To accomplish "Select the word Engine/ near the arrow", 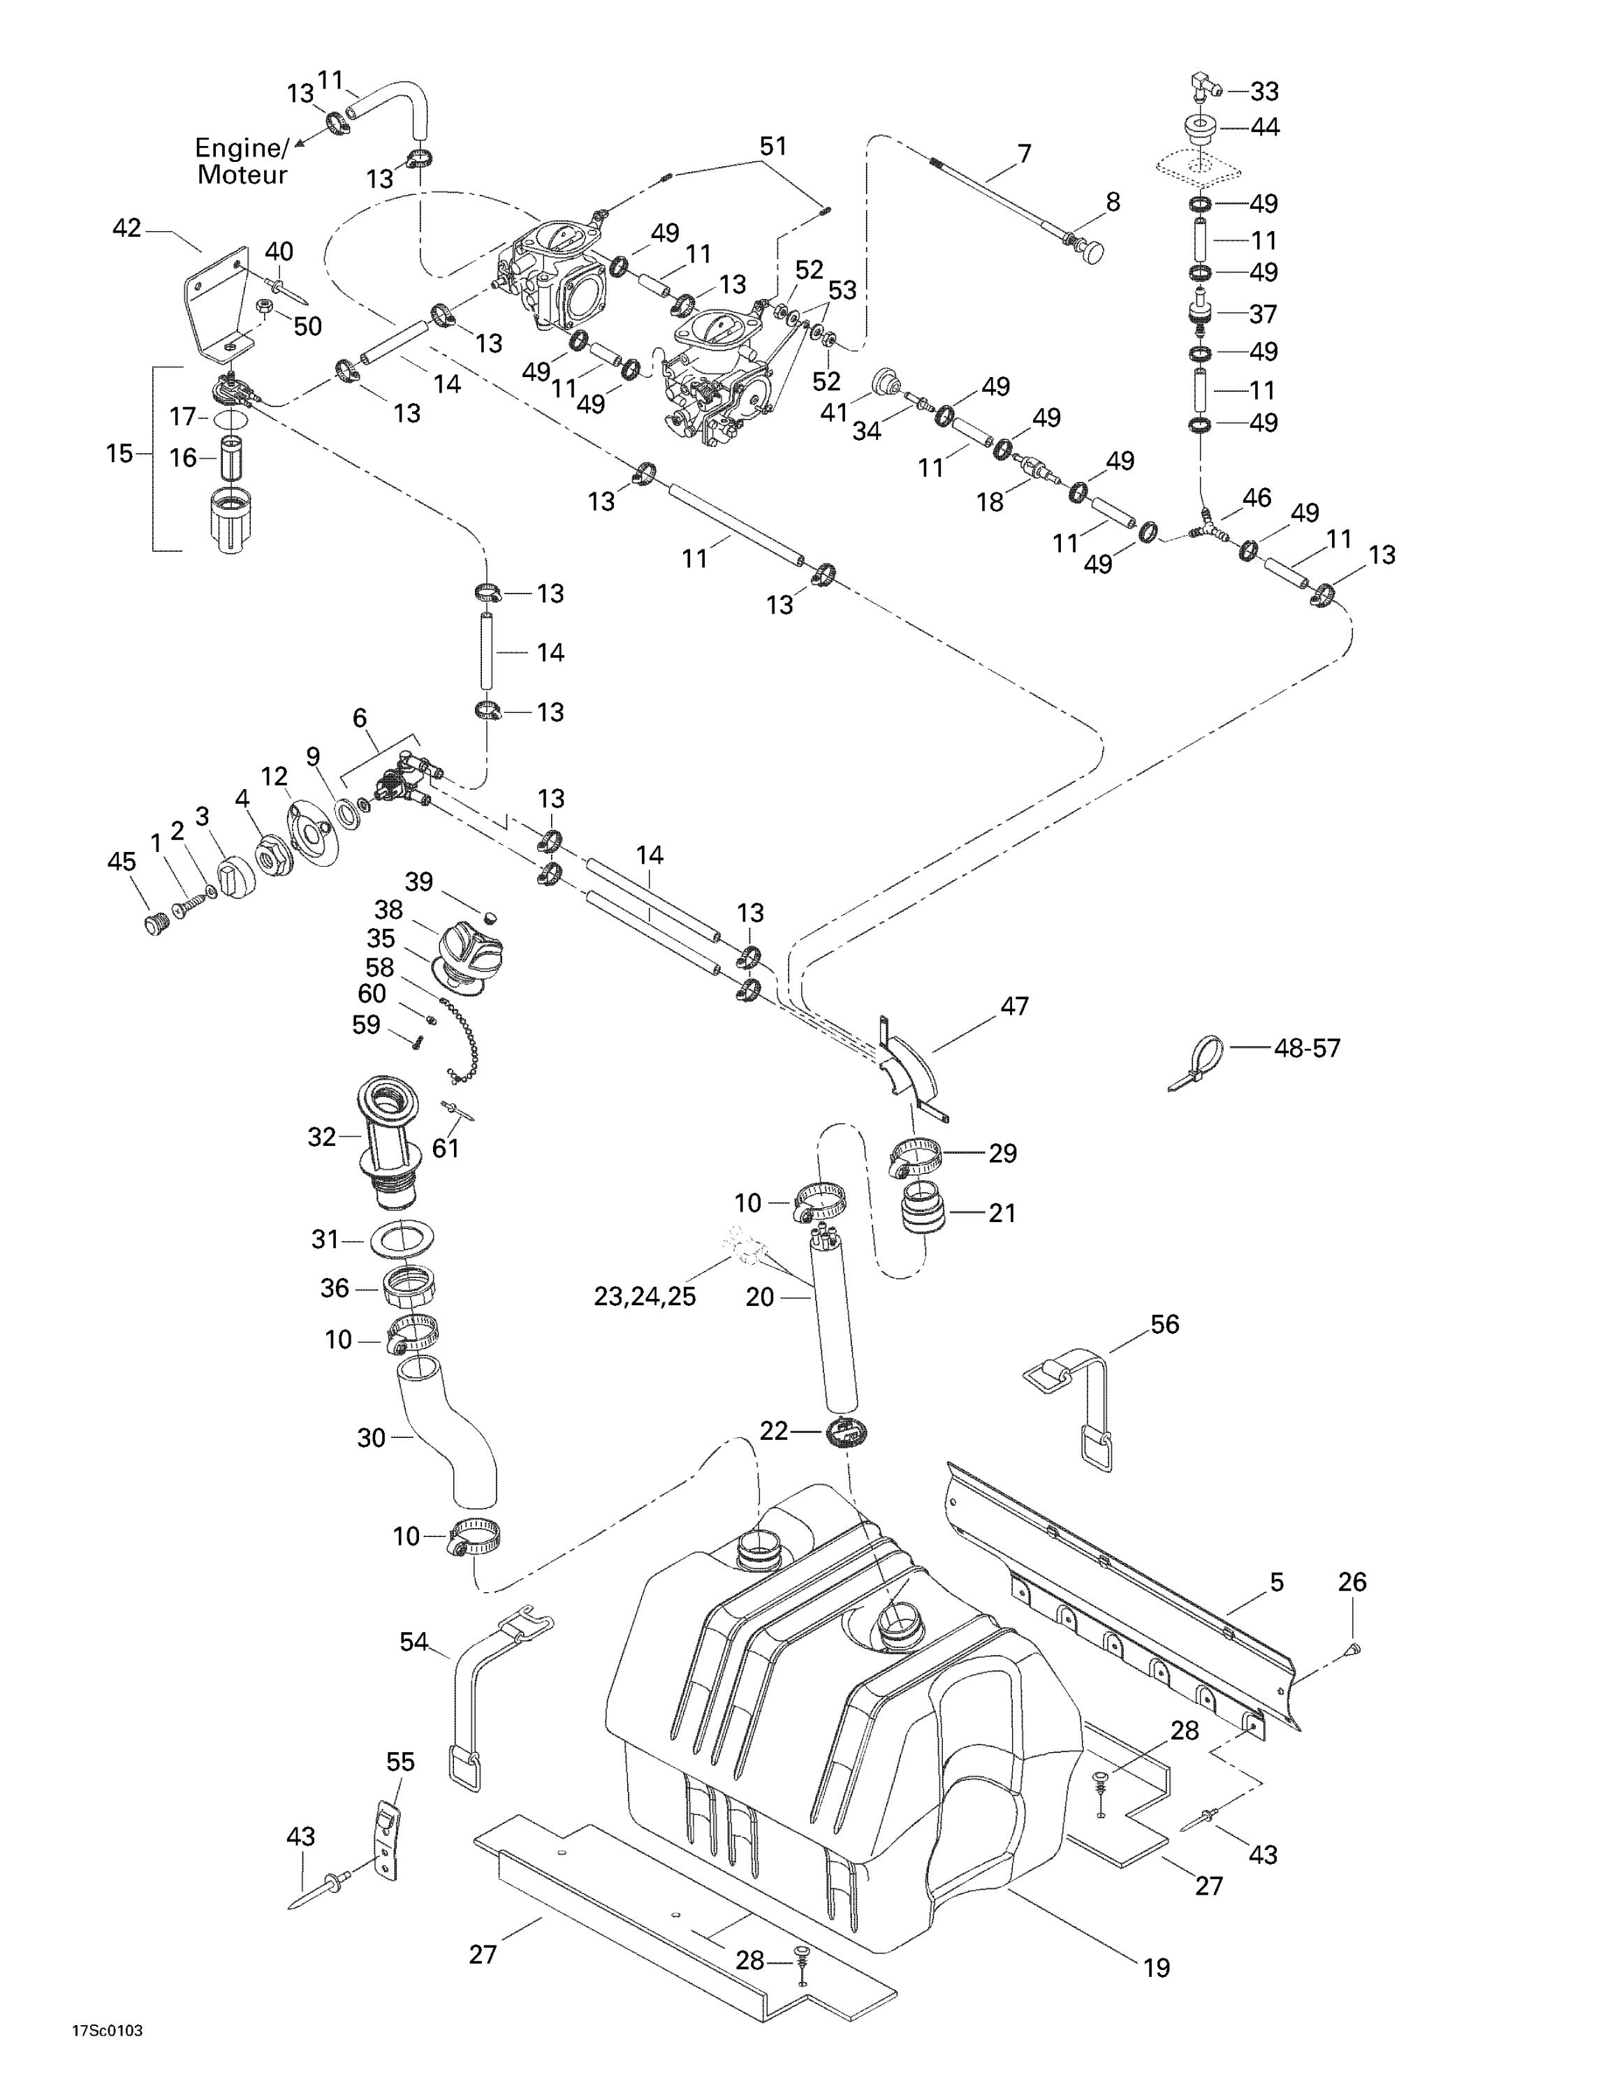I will tap(242, 148).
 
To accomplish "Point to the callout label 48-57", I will tap(1306, 1047).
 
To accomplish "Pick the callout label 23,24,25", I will tap(645, 1296).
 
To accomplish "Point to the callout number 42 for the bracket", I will tap(126, 228).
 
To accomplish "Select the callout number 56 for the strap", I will tap(1164, 1324).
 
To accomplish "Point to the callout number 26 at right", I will tap(1351, 1582).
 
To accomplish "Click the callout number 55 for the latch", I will tap(400, 1762).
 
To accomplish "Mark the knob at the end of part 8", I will tap(1090, 251).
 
